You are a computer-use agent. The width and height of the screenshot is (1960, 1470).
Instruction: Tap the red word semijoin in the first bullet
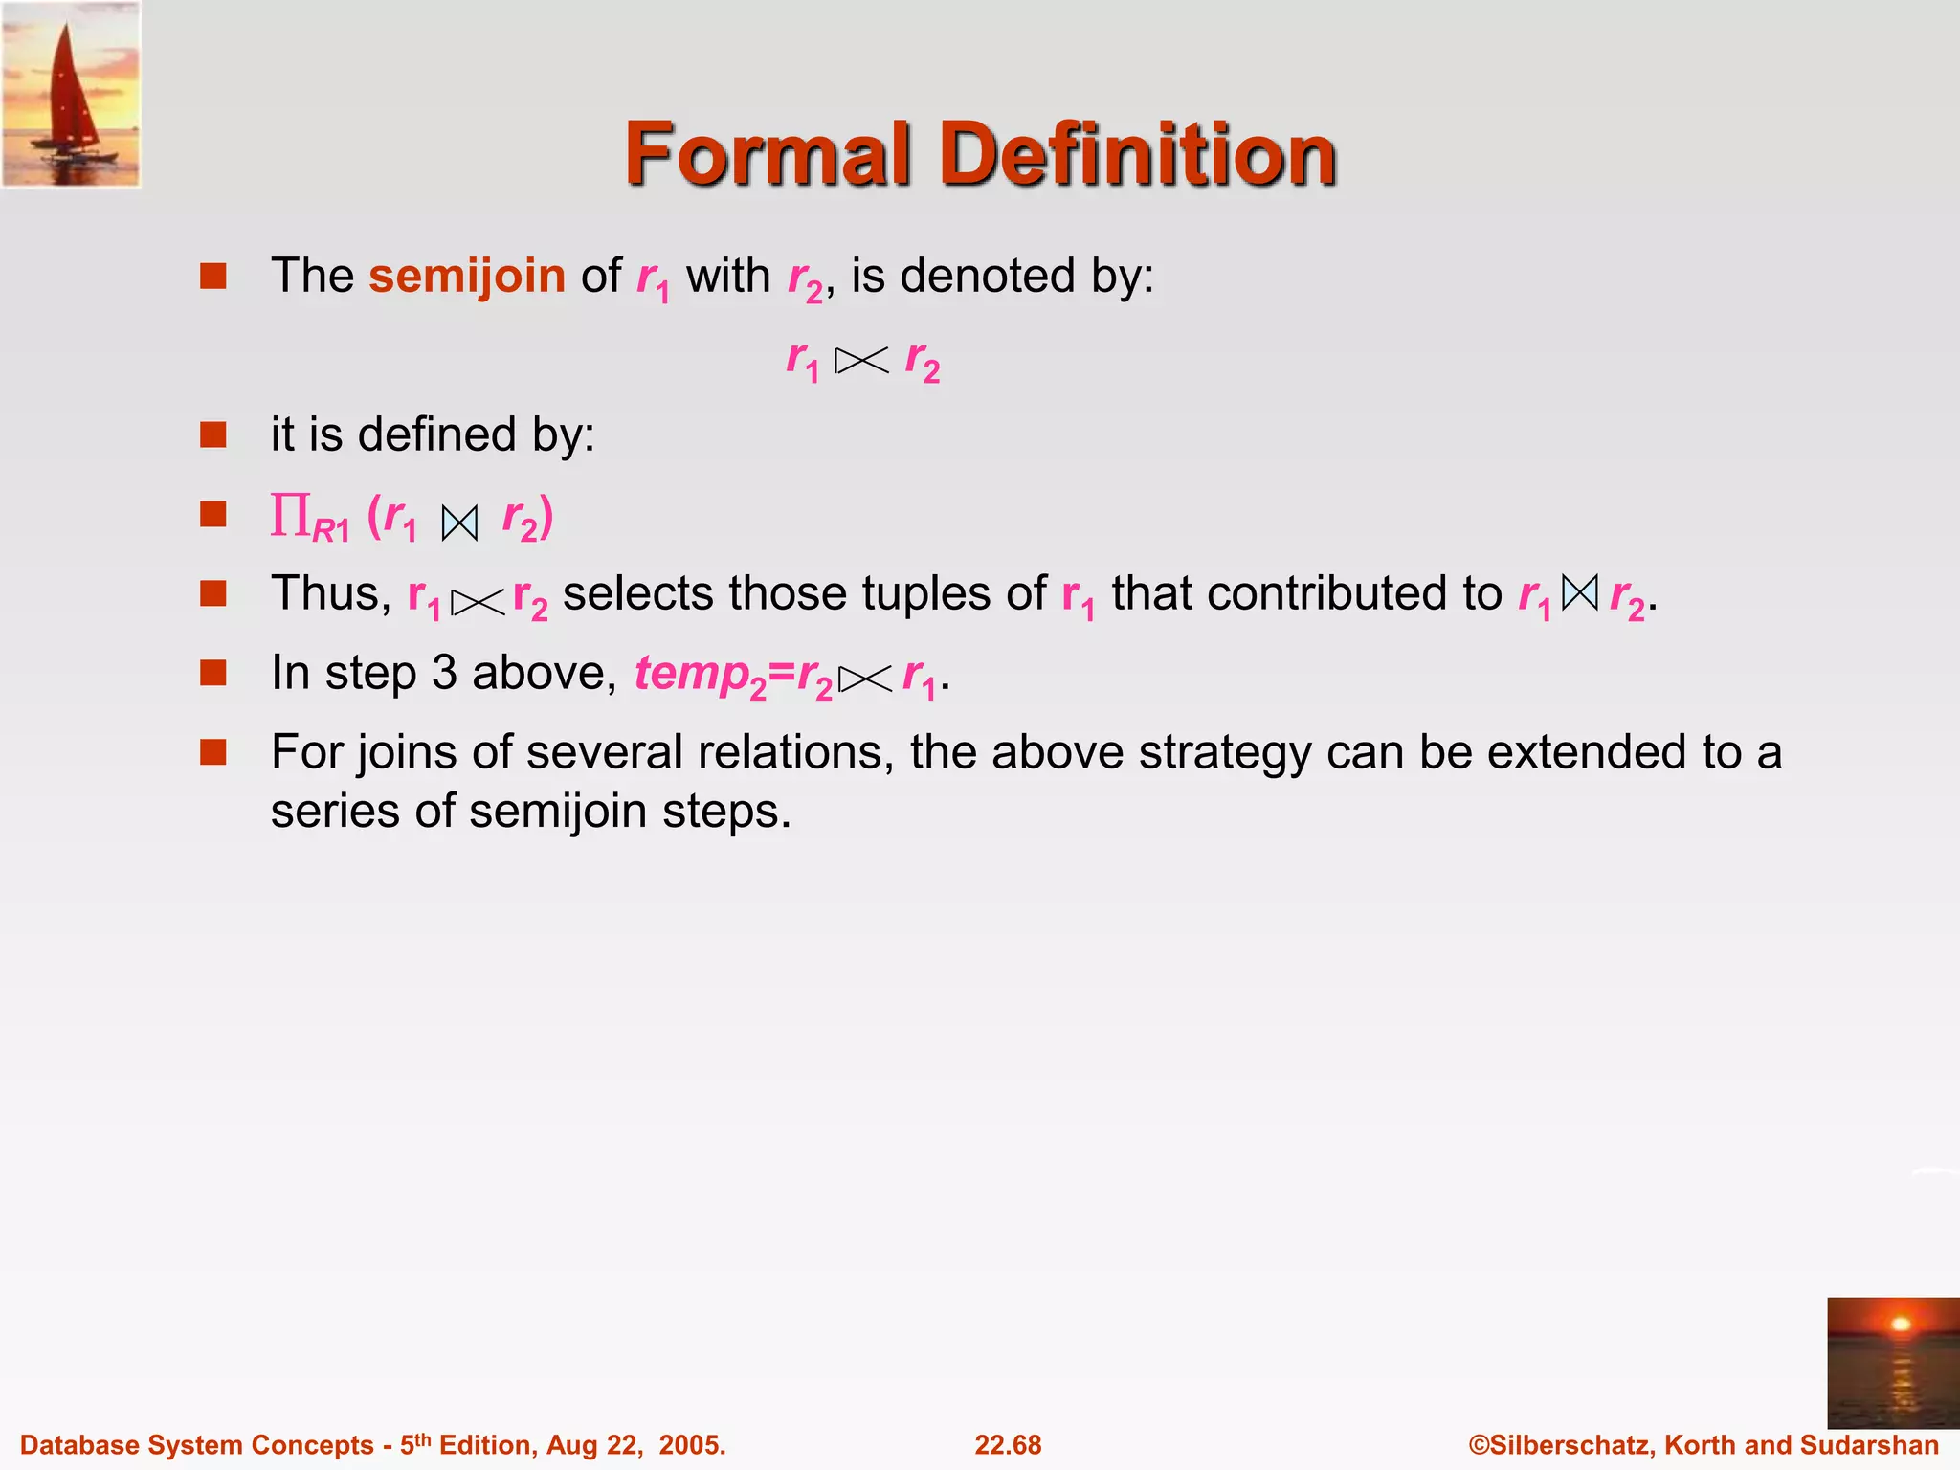pos(467,277)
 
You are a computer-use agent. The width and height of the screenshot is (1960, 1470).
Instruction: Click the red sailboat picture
pos(71,94)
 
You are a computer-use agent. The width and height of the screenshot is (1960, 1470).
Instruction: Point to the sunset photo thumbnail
pos(1892,1362)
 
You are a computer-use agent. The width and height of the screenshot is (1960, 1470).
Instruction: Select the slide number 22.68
pos(1008,1445)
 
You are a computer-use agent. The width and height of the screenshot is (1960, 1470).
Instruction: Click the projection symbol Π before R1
pos(289,516)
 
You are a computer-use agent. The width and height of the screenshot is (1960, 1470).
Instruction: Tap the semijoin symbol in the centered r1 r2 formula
pos(861,361)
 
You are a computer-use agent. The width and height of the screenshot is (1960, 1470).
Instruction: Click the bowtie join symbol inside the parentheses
pos(459,523)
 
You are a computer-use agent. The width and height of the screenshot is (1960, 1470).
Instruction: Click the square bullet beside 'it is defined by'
pos(212,435)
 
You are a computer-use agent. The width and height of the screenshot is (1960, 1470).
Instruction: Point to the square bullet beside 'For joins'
pos(212,752)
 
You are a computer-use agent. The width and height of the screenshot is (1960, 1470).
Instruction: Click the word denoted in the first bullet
pos(987,277)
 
